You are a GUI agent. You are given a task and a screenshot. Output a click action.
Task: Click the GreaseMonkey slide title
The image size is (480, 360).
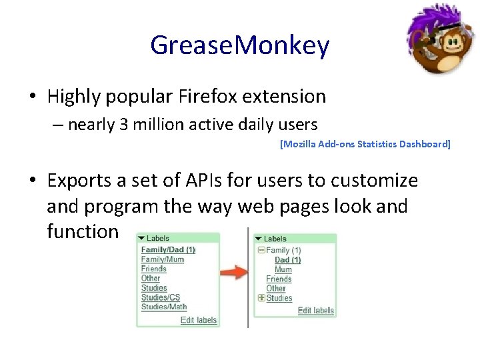[x=239, y=45]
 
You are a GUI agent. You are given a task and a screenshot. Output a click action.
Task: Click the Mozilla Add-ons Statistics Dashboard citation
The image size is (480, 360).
[x=365, y=144]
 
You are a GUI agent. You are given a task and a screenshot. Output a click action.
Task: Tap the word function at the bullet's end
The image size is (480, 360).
[x=83, y=231]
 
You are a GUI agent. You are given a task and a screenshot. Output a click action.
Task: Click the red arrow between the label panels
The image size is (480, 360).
[x=233, y=272]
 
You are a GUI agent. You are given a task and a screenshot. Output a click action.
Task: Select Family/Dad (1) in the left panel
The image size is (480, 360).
[x=168, y=250]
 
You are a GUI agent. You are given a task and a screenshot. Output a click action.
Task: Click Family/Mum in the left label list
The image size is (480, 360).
[x=163, y=259]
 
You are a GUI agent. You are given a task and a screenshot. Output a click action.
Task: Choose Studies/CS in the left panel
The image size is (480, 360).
[x=161, y=297]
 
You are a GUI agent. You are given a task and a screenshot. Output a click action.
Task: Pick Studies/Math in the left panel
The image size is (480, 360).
[x=164, y=307]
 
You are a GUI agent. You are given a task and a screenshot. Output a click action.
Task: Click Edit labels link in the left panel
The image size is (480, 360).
[x=199, y=320]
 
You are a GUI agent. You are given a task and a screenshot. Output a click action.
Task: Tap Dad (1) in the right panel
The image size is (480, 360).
[x=288, y=260]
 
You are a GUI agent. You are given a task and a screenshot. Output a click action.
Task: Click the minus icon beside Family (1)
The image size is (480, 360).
[x=261, y=251]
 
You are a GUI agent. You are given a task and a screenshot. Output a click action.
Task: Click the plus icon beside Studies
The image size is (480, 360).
[x=261, y=298]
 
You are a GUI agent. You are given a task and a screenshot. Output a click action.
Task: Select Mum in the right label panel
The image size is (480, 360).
[x=283, y=269]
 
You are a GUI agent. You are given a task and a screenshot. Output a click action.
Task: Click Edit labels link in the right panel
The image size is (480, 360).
[x=315, y=311]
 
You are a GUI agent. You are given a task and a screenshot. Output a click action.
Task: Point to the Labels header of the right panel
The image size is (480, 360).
[x=275, y=239]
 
